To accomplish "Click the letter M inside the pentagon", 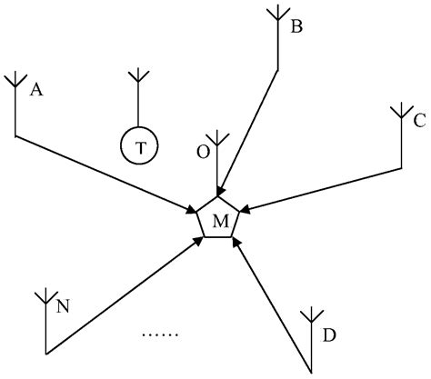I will [x=219, y=221].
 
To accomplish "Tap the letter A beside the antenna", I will [x=37, y=89].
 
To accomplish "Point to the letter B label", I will [x=296, y=28].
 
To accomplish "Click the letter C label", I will [x=419, y=119].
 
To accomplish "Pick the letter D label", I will [x=329, y=335].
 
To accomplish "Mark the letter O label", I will [x=204, y=151].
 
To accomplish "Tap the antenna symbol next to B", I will [x=276, y=15].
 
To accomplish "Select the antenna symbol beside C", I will [x=401, y=113].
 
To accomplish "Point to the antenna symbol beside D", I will [x=311, y=315].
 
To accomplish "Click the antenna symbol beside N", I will [x=45, y=297].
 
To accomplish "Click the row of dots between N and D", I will [x=160, y=334].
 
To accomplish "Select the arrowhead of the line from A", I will [x=192, y=210].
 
